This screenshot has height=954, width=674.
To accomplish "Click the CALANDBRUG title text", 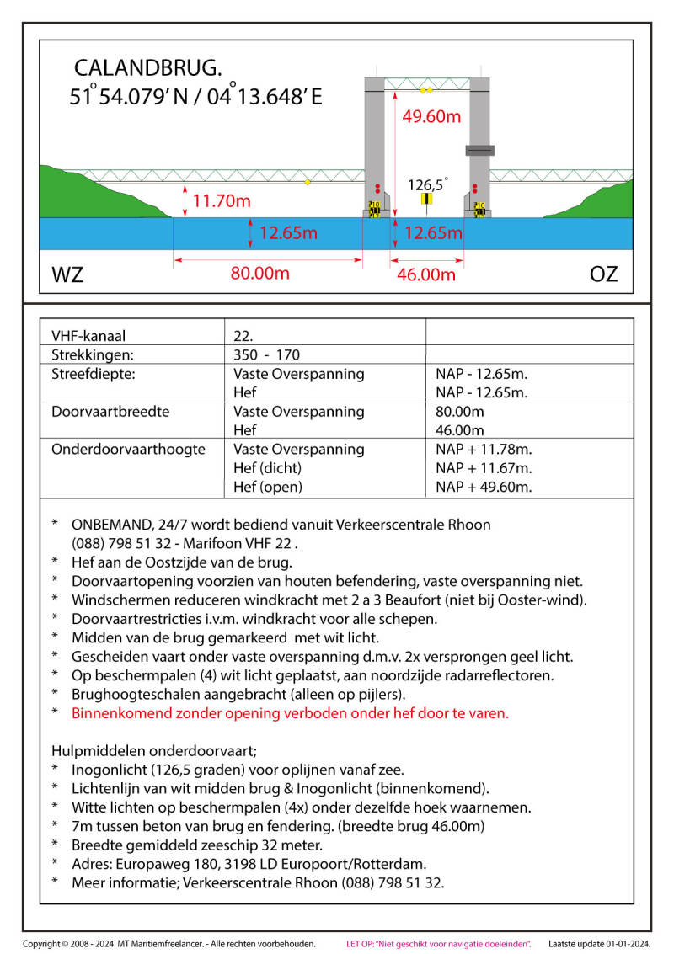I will (148, 67).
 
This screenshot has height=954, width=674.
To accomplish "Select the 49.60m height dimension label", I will (431, 117).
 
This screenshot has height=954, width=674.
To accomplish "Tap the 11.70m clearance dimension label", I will (222, 202).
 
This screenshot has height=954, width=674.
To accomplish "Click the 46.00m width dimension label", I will (425, 274).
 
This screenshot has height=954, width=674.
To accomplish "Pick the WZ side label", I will (67, 274).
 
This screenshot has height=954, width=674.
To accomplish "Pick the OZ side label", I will (603, 274).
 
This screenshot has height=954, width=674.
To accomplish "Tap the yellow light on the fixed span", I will (308, 182).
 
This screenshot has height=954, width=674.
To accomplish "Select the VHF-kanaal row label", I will (88, 336).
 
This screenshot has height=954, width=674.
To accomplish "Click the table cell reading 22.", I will (243, 336).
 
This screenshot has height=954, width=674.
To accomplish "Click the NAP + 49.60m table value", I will (484, 487).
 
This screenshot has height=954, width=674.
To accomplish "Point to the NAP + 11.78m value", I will (484, 450).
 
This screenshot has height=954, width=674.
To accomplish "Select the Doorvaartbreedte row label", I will (110, 412).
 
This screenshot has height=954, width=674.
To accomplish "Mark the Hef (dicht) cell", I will (267, 468).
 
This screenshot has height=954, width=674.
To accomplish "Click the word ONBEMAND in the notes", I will (112, 525).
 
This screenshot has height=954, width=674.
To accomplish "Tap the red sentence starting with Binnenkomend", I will (290, 713).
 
